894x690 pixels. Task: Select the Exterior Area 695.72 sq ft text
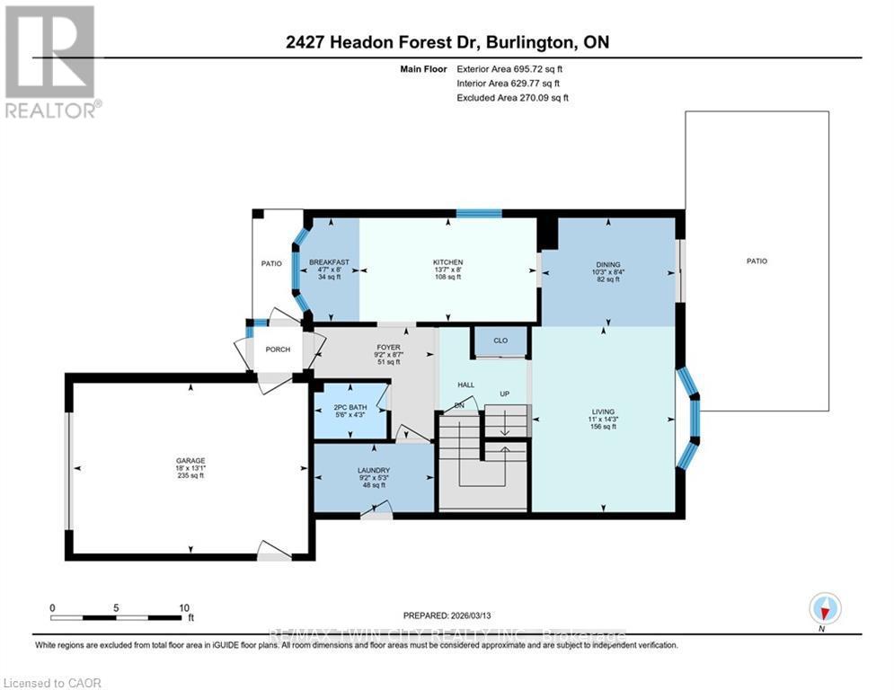(509, 68)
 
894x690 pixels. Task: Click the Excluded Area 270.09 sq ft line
(512, 97)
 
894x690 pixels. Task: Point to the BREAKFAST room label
(328, 262)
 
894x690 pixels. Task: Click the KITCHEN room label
(447, 262)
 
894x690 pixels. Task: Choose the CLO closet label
(500, 341)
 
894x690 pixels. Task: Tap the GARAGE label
(190, 461)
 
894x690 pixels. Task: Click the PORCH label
(278, 349)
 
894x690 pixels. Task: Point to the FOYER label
(388, 347)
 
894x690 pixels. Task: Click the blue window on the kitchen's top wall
(478, 214)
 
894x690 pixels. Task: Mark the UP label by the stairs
(505, 394)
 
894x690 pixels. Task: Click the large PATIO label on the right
(757, 261)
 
